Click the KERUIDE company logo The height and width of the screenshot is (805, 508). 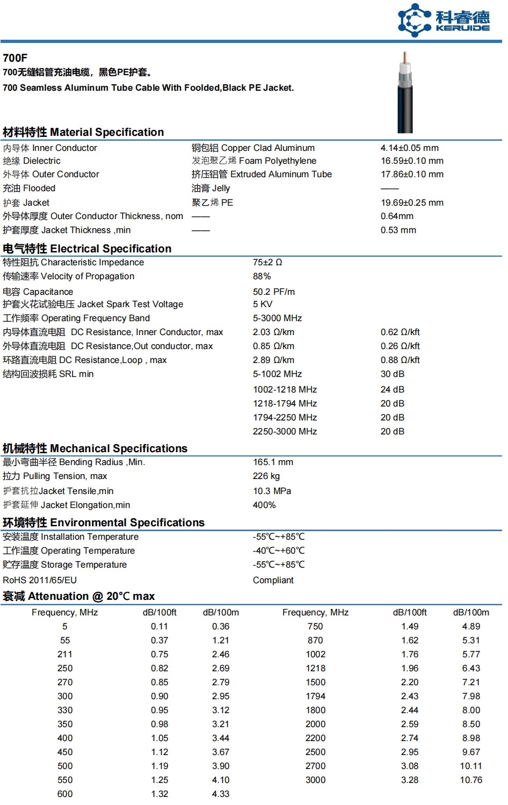[444, 20]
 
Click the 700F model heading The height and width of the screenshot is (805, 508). [15, 58]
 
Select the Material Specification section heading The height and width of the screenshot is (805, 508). [83, 132]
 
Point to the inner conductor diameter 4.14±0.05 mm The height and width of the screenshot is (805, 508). [409, 148]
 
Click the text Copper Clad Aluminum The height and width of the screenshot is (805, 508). [267, 148]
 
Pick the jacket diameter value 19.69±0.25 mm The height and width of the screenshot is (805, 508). [412, 203]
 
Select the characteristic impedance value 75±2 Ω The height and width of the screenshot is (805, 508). [267, 263]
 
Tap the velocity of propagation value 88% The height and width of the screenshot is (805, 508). [262, 277]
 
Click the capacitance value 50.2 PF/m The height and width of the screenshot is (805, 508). [274, 292]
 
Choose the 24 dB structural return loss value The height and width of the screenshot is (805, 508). [393, 390]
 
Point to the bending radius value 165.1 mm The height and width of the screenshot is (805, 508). [273, 462]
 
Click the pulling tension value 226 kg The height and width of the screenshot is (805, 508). [266, 476]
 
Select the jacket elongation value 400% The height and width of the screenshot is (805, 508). [264, 505]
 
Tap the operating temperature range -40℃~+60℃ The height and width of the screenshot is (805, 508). [279, 551]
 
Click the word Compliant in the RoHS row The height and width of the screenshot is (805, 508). [273, 581]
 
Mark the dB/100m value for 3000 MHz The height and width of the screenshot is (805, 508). [471, 780]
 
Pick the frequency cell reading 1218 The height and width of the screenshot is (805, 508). [316, 669]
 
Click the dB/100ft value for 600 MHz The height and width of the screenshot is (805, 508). [159, 794]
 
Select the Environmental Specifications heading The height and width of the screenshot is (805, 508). [104, 523]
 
